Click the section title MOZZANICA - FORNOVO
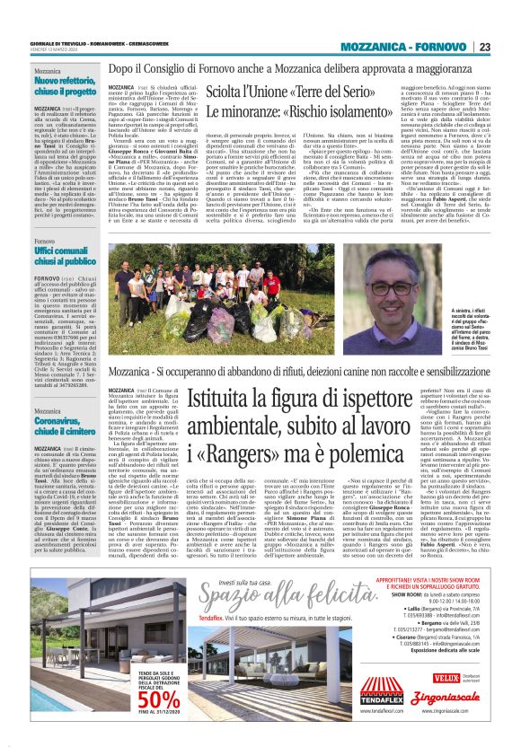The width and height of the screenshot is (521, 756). point(418,47)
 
